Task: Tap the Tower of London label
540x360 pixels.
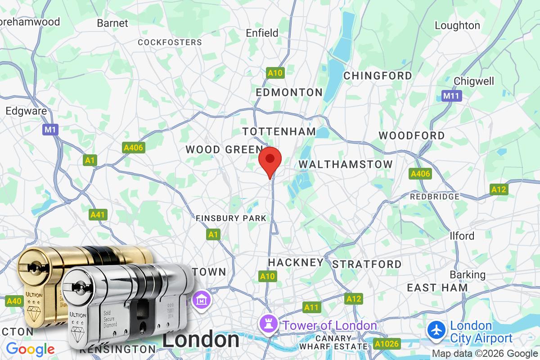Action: coord(329,325)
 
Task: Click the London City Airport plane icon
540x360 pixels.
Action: coord(436,329)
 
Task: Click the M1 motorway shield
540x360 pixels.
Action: coord(50,130)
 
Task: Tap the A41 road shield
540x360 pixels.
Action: coord(97,215)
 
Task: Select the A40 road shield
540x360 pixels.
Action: coord(14,301)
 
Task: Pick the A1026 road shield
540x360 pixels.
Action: coord(386,344)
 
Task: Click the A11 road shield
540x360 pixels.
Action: coord(311,307)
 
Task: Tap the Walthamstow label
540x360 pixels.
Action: coord(346,164)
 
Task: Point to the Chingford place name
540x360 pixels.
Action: coord(378,76)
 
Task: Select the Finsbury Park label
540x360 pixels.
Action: coord(231,218)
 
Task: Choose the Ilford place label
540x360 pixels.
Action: coord(462,236)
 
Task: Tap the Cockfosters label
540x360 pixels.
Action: coord(170,42)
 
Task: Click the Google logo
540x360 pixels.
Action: coord(30,349)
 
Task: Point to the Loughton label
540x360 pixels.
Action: coord(457,25)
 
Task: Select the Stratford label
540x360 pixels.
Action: coord(367,264)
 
